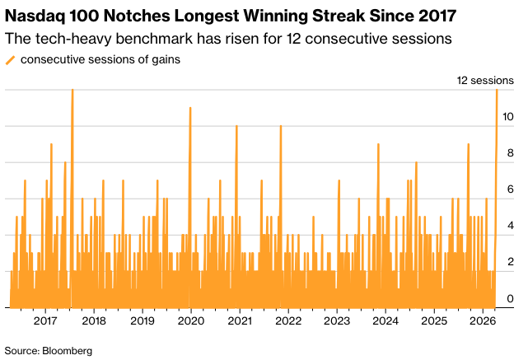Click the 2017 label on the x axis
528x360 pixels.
[45, 320]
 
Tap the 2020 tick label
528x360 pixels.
[191, 320]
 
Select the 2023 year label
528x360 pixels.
[337, 320]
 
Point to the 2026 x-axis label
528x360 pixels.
[483, 320]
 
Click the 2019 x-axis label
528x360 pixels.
[143, 320]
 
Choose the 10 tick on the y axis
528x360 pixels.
[509, 117]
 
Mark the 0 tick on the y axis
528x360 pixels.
[512, 298]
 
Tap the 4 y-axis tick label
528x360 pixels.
[512, 226]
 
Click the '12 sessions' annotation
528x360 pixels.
[486, 80]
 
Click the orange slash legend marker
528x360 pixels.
[10, 59]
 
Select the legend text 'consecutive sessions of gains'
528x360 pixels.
[100, 59]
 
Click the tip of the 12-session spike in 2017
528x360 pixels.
[72, 89]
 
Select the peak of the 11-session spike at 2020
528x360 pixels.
[190, 107]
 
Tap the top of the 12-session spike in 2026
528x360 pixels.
[497, 89]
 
